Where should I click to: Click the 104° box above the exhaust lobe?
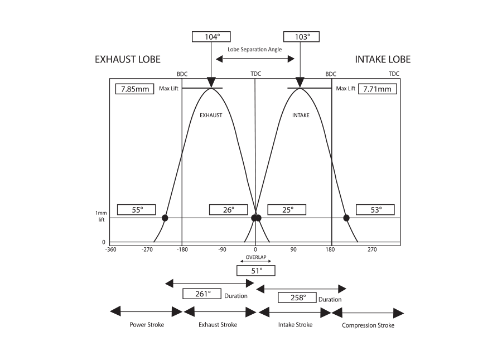tap(211, 37)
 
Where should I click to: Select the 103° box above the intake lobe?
tap(301, 37)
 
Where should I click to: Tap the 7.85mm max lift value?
tap(134, 89)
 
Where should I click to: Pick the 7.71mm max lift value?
tap(378, 89)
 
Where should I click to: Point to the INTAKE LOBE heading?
tap(383, 60)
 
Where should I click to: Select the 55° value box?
tap(137, 210)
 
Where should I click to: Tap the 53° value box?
tap(376, 210)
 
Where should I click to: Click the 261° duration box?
tap(202, 294)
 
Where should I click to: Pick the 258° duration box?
tap(297, 297)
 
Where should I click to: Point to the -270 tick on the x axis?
tap(148, 249)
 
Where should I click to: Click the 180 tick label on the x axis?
tap(331, 249)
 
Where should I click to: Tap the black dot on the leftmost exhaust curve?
tap(165, 218)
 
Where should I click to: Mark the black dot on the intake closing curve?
tap(346, 218)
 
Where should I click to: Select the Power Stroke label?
tap(147, 325)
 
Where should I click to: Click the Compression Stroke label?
tap(368, 325)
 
